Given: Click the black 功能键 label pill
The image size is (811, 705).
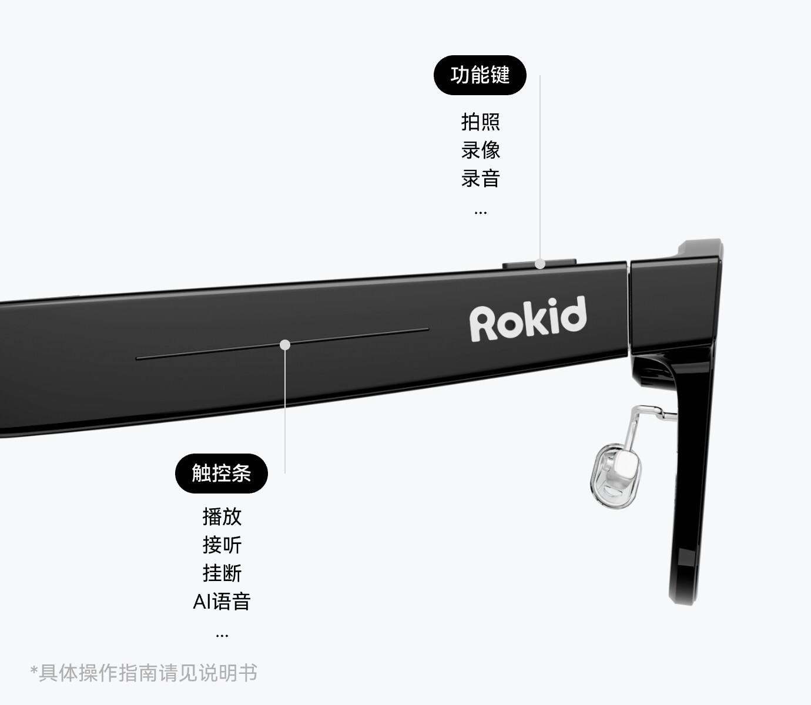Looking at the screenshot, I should pyautogui.click(x=480, y=75).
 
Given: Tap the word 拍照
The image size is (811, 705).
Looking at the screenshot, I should pyautogui.click(x=480, y=122).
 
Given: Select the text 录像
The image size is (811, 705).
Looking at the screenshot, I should pyautogui.click(x=480, y=150).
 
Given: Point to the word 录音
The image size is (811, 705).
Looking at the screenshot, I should pyautogui.click(x=480, y=179).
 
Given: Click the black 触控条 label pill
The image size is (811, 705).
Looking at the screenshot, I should pyautogui.click(x=221, y=473).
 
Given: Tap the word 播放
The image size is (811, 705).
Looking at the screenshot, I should pyautogui.click(x=222, y=517).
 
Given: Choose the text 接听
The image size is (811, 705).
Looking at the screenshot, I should pyautogui.click(x=222, y=545).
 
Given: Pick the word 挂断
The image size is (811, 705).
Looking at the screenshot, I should pyautogui.click(x=222, y=573).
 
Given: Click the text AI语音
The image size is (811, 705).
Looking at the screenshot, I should pyautogui.click(x=222, y=602).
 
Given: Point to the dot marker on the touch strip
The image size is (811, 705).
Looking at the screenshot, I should pyautogui.click(x=285, y=344).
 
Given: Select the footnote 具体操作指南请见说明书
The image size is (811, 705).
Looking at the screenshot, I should pyautogui.click(x=148, y=673).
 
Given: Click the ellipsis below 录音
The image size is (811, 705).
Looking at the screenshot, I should pyautogui.click(x=480, y=212).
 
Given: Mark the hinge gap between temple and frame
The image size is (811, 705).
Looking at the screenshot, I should pyautogui.click(x=628, y=308).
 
